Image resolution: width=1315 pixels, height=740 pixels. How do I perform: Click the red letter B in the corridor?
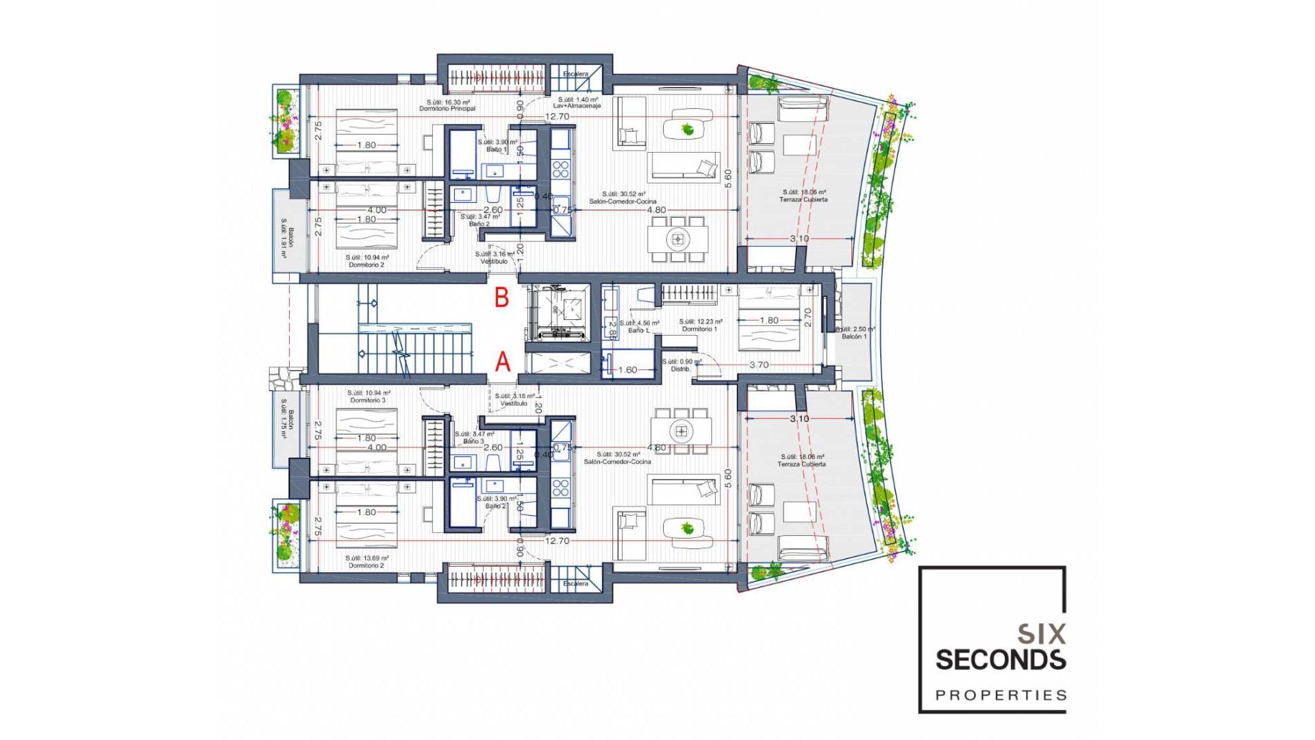[502, 297]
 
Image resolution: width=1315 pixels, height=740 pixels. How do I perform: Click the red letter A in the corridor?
[503, 362]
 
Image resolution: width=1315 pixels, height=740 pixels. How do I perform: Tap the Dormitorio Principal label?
[447, 108]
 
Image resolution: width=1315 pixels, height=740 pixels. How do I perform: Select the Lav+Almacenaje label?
[577, 106]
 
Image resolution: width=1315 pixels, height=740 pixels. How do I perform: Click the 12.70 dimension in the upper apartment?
[557, 116]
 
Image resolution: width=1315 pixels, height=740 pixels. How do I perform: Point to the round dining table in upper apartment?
[678, 239]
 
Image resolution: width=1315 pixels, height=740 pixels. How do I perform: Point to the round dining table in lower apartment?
[681, 431]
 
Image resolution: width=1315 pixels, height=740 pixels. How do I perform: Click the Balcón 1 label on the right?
[854, 336]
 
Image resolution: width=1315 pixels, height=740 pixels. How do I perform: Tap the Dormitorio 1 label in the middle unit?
[699, 329]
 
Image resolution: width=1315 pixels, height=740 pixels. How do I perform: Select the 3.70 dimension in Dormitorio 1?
[758, 365]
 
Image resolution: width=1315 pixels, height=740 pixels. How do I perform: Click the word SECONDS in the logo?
[1000, 660]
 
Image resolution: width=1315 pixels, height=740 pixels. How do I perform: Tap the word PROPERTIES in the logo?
[1001, 695]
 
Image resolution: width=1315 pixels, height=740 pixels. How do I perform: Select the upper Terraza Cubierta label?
[803, 199]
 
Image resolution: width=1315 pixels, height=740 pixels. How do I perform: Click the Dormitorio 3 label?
[368, 400]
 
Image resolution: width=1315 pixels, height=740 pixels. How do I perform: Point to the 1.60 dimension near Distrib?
[627, 370]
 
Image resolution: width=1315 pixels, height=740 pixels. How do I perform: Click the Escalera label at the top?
[575, 74]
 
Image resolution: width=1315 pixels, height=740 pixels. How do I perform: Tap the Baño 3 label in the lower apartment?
[473, 441]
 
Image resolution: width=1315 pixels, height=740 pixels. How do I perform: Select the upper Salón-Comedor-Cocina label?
[623, 201]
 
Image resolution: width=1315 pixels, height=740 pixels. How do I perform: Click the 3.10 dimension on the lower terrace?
[799, 418]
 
